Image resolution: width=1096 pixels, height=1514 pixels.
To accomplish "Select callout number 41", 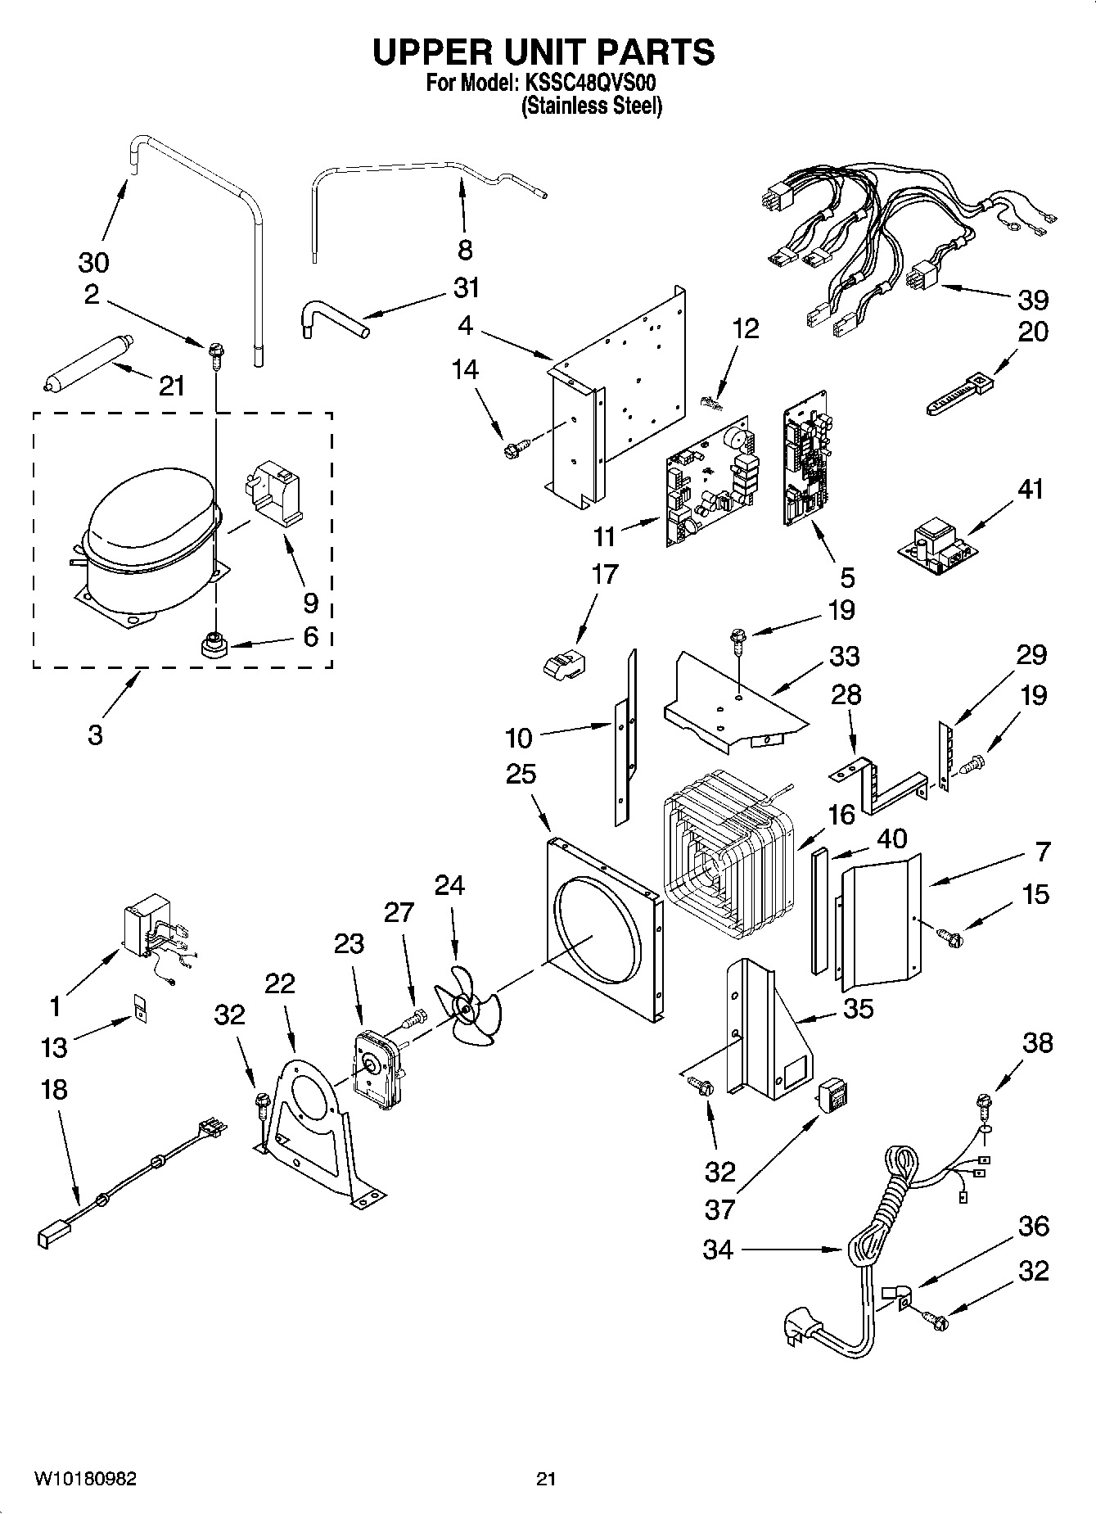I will click(x=1031, y=489).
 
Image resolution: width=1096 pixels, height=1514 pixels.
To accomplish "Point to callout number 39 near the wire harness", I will click(x=1032, y=300).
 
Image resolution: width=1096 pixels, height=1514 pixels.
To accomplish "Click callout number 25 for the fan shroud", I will click(x=521, y=774).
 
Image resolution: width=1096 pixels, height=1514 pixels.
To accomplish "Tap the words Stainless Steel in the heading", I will click(x=592, y=106).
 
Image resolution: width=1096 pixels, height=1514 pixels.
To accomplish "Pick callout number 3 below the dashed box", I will click(x=95, y=734).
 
